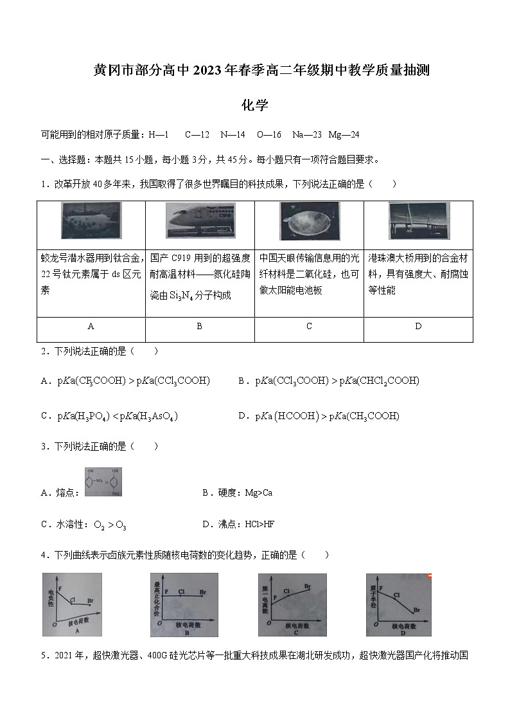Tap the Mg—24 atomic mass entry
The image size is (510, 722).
point(344,134)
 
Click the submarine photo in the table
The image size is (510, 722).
point(91,221)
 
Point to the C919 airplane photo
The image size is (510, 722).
point(200,221)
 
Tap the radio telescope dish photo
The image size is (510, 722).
point(309,221)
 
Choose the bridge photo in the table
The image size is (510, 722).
point(418,221)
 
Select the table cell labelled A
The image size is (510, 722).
point(91,327)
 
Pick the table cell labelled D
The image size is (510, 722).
point(418,327)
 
